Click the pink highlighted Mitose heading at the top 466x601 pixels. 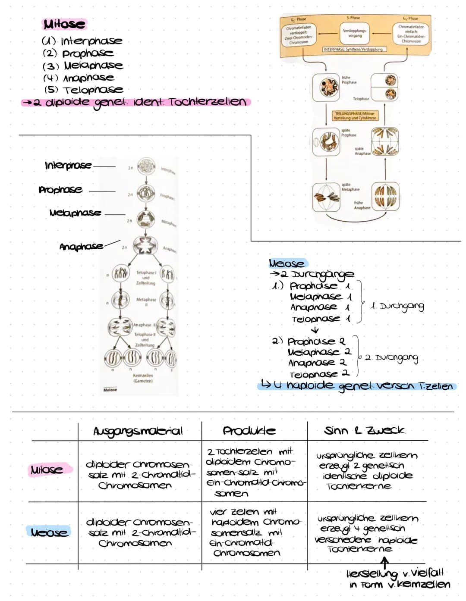click(64, 24)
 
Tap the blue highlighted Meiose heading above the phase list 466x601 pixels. click(287, 263)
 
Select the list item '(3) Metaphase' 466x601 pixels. click(83, 66)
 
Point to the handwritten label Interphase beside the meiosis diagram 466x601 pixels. click(68, 165)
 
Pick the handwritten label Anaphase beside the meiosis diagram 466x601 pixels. click(81, 247)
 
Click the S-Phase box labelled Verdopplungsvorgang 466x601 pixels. click(355, 33)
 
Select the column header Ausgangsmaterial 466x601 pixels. click(138, 431)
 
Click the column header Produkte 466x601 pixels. click(249, 431)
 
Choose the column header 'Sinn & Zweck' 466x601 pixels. click(365, 430)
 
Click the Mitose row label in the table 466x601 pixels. click(47, 470)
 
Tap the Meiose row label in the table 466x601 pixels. click(49, 532)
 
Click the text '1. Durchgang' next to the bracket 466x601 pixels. click(397, 307)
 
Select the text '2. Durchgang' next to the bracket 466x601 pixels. click(392, 358)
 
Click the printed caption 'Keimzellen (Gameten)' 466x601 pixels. click(143, 378)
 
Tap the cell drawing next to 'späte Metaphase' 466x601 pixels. click(327, 197)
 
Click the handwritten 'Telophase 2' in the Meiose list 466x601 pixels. click(319, 374)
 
